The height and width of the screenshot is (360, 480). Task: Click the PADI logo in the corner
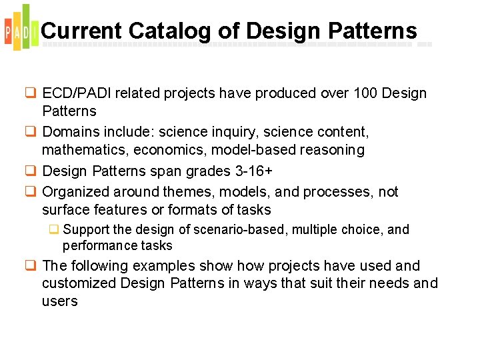pos(18,28)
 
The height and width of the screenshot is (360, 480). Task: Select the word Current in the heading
pos(81,31)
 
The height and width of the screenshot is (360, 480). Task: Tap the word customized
pos(79,283)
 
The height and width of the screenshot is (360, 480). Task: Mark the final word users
pos(60,301)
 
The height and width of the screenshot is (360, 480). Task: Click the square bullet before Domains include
pos(30,132)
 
